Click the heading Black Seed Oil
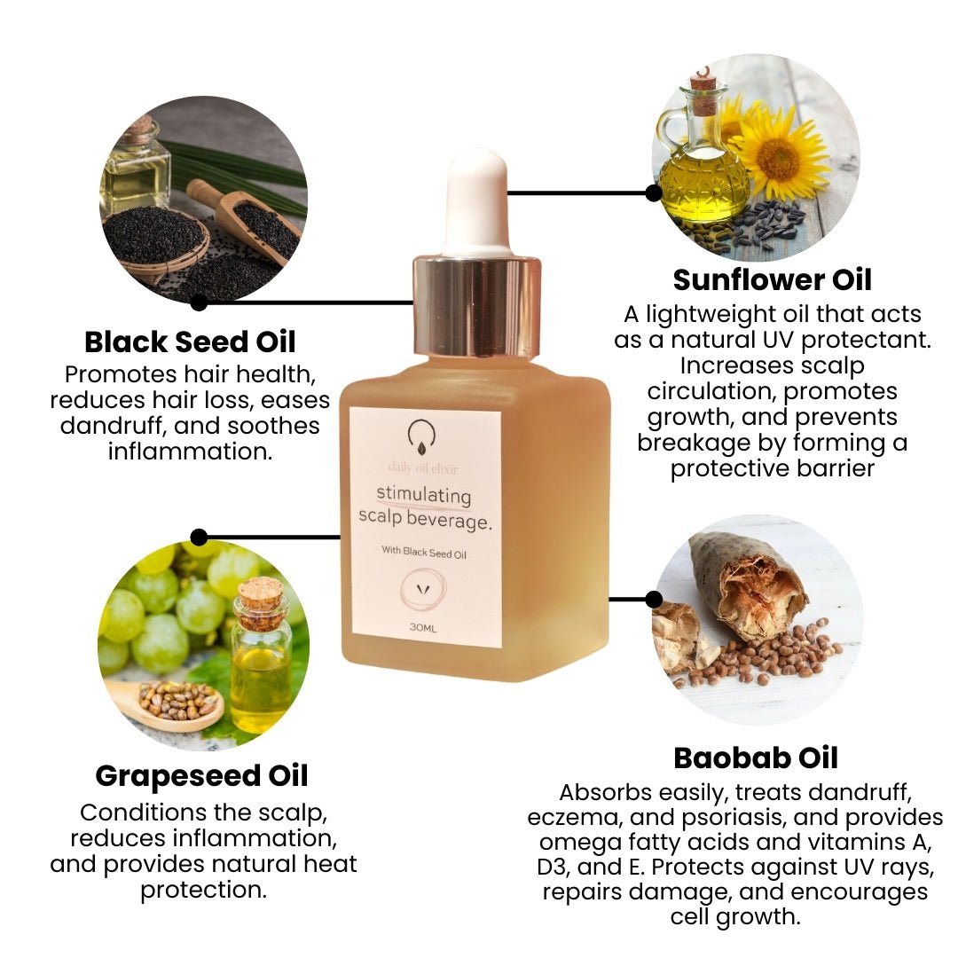pos(190,342)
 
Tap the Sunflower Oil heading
pos(772,279)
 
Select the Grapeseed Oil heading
pos(202,775)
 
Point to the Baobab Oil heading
pos(755,758)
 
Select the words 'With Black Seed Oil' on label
pos(424,552)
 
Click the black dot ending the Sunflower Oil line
pos(654,192)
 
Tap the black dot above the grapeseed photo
pos(199,537)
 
